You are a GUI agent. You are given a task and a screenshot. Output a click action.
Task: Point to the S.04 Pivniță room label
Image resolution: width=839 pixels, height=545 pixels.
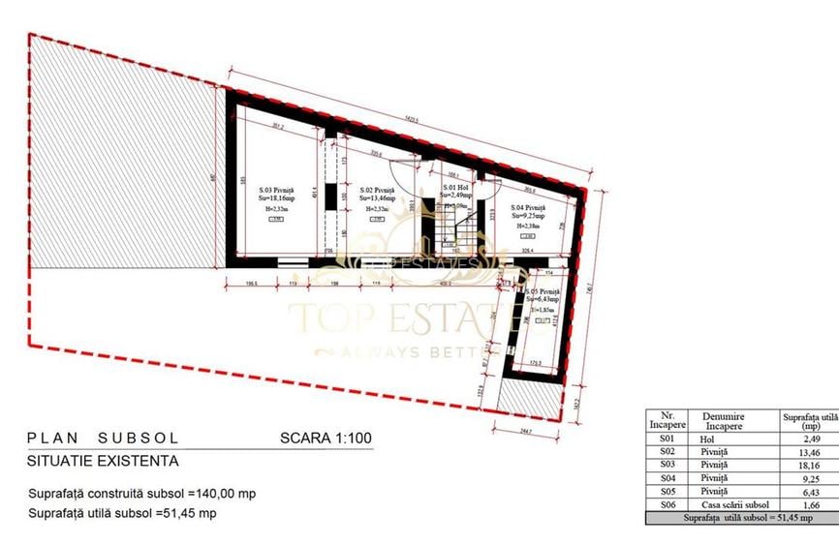[x=528, y=208]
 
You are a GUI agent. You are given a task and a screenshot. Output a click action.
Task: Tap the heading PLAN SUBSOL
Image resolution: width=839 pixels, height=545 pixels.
[x=104, y=438]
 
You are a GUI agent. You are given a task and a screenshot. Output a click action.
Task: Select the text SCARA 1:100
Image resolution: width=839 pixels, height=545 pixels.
[x=326, y=438]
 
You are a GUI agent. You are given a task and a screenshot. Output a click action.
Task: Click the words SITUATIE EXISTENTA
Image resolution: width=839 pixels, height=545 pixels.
[x=103, y=462]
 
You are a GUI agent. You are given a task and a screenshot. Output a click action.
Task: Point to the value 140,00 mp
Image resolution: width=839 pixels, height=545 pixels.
[x=228, y=493]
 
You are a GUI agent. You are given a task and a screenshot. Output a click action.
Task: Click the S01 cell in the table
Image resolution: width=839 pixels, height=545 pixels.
[x=667, y=439]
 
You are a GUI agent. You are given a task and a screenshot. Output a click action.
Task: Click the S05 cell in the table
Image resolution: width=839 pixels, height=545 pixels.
[x=667, y=491]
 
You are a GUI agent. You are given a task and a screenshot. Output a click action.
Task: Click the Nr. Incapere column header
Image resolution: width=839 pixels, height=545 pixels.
[x=667, y=420]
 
